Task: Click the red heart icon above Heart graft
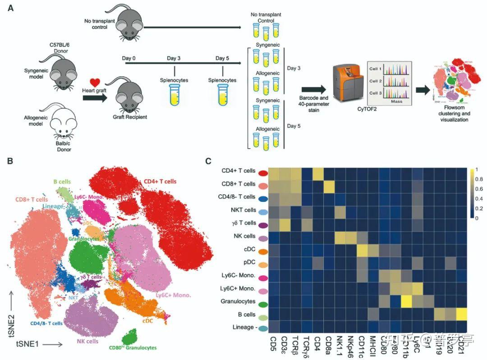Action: (x=94, y=82)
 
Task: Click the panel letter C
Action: (x=208, y=161)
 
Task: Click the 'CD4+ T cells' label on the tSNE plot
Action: (x=160, y=182)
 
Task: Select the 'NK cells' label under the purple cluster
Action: (x=86, y=342)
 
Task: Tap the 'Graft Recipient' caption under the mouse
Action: (x=130, y=117)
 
